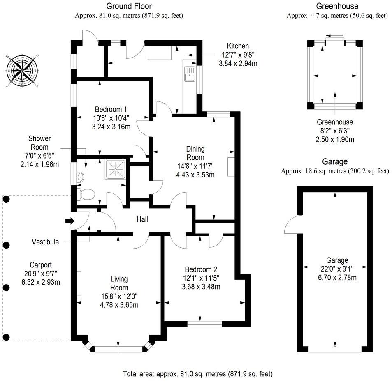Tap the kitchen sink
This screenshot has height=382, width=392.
[190, 74]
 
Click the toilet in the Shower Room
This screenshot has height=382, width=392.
[87, 193]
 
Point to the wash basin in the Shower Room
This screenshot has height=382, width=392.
[80, 177]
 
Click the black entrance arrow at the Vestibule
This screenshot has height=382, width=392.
[70, 221]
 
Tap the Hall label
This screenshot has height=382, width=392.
[142, 220]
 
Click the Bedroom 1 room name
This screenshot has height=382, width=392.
[111, 110]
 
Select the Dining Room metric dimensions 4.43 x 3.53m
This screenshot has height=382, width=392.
[195, 175]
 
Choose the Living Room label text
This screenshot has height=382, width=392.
[119, 284]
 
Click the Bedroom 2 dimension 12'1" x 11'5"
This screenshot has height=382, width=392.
[201, 278]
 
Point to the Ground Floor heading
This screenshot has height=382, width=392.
[129, 6]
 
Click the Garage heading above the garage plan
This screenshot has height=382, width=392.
[334, 162]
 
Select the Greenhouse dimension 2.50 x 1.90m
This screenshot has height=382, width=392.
[334, 139]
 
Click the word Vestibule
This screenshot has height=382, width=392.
[45, 242]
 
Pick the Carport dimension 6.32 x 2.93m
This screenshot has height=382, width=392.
[40, 282]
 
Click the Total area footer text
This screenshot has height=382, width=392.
[197, 374]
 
